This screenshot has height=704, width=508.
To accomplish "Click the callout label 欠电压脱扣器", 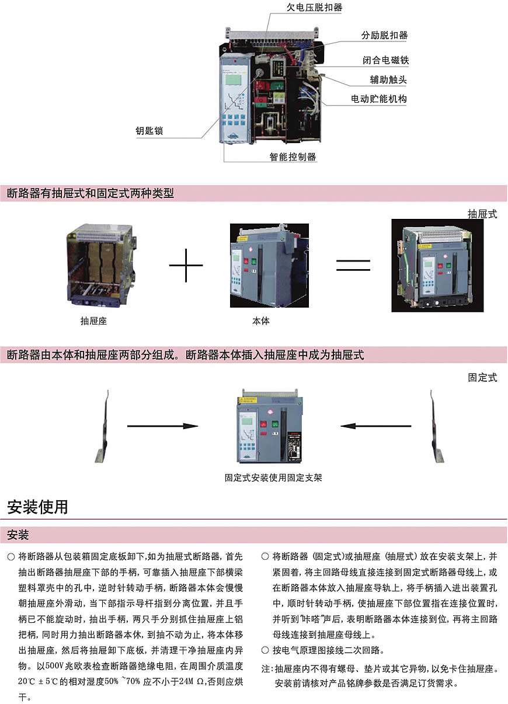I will click(x=314, y=8).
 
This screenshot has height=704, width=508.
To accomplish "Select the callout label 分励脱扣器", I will click(x=384, y=35).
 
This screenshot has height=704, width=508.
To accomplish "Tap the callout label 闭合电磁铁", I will click(x=384, y=60).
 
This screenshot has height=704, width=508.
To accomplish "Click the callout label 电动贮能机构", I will click(x=378, y=99).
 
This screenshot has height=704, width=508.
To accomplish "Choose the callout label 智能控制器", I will click(x=293, y=156).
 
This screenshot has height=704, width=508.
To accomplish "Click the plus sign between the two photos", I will click(x=186, y=265).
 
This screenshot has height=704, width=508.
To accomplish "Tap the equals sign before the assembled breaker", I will click(x=353, y=266).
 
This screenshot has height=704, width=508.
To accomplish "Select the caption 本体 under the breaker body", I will click(x=261, y=320).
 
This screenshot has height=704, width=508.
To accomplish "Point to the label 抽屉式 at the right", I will click(x=482, y=214).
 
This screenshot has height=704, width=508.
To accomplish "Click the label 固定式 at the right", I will click(x=482, y=377).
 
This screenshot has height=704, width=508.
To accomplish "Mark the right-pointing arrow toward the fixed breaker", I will click(x=163, y=426).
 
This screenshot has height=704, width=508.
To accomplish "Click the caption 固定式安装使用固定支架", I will click(x=273, y=478).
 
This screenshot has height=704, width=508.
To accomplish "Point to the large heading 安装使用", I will click(x=37, y=506).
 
